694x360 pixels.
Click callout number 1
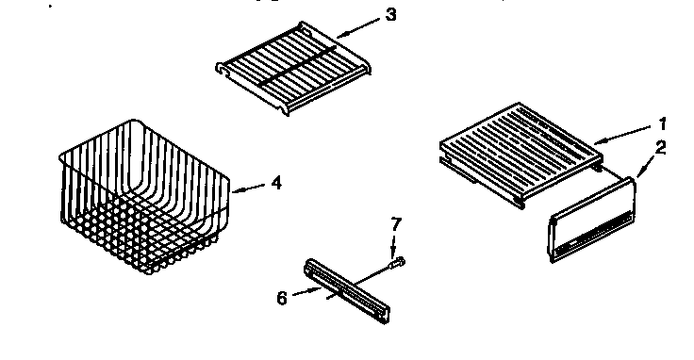coord(662,123)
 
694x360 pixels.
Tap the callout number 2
coord(662,147)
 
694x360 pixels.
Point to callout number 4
coord(275,183)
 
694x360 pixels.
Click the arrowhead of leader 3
coord(332,34)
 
